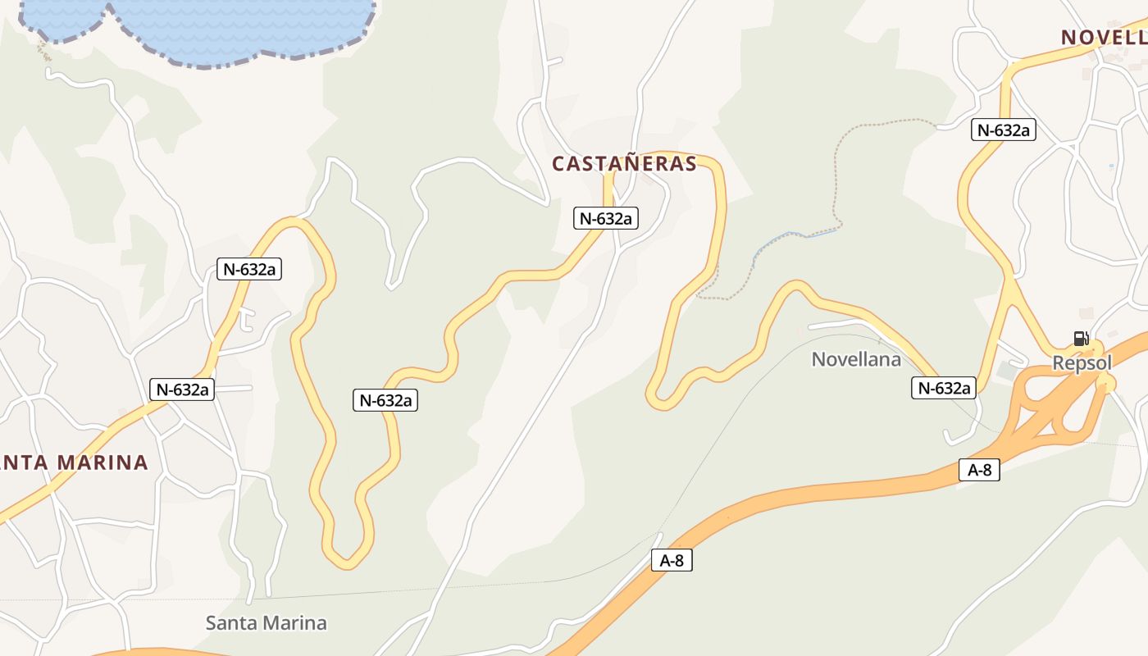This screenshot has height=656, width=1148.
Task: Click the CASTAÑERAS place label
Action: click(624, 164)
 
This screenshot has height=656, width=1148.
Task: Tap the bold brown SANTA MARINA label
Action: click(74, 462)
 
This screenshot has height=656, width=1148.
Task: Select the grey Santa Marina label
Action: click(266, 623)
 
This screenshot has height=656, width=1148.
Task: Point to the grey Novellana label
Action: click(856, 359)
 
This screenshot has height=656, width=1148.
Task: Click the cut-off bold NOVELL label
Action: click(1104, 37)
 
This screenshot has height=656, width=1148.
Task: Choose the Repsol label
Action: click(1082, 362)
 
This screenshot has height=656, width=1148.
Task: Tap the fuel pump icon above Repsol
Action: click(1082, 339)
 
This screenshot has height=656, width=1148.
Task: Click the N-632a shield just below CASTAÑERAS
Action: click(606, 218)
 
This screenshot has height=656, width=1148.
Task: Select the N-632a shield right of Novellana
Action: click(944, 388)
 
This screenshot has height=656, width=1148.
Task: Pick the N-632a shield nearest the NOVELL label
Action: click(1004, 130)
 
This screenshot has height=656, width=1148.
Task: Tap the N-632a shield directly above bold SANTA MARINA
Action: click(181, 389)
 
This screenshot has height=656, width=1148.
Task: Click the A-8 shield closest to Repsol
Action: click(979, 470)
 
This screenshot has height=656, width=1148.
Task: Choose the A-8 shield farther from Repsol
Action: click(672, 560)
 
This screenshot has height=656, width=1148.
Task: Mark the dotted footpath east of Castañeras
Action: click(838, 164)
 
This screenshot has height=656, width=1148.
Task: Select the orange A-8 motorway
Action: click(820, 492)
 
